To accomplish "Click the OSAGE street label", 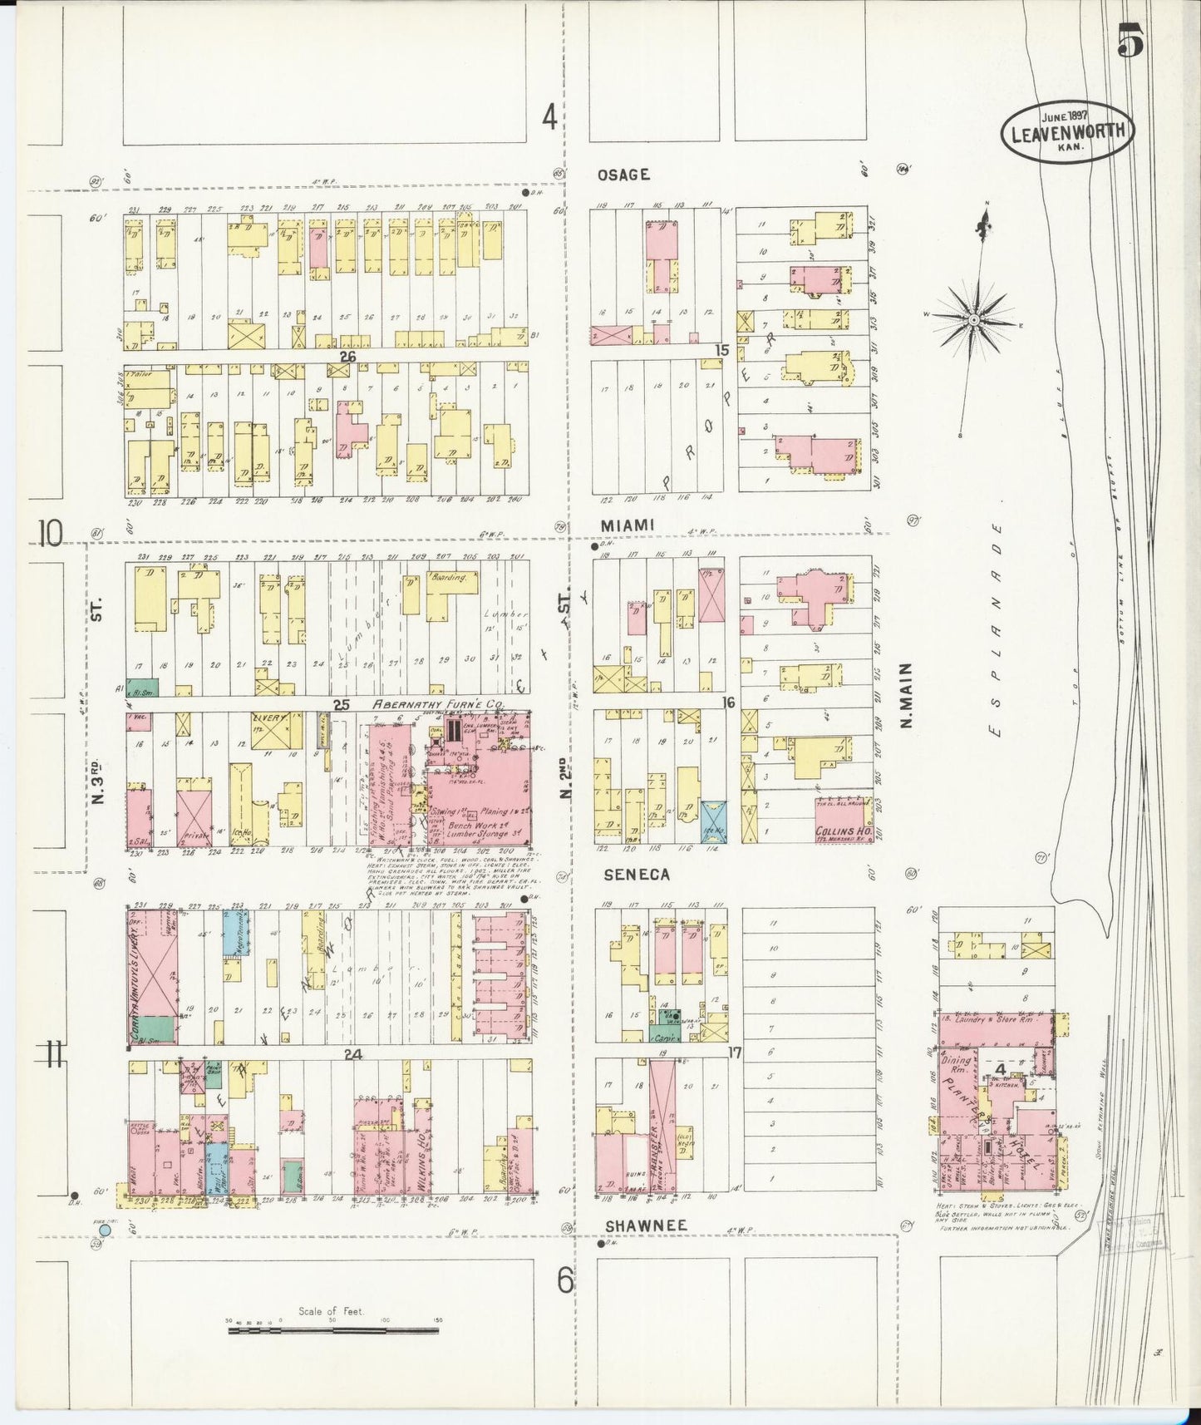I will [623, 175].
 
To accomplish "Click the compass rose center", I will [972, 319].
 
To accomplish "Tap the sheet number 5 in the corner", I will [1130, 39].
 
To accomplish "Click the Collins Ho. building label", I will [843, 828].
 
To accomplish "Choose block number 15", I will [722, 350].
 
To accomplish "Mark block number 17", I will [733, 1053].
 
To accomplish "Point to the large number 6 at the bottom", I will [566, 1281].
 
